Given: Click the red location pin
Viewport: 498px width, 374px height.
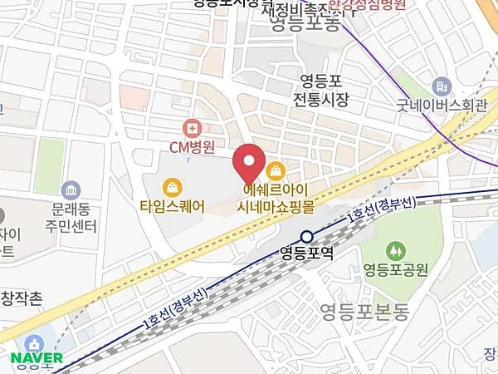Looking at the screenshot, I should click(x=248, y=164).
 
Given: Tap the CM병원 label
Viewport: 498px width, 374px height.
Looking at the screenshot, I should click(x=192, y=148).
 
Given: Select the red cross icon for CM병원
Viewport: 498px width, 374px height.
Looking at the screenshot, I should click(x=193, y=127).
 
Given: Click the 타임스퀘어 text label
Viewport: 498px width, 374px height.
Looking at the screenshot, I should click(x=172, y=205).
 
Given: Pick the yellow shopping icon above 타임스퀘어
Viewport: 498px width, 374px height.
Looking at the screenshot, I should click(x=172, y=186).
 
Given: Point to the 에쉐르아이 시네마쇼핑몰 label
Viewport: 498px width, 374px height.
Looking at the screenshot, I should click(x=275, y=196).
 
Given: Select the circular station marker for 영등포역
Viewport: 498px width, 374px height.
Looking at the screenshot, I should click(x=307, y=236).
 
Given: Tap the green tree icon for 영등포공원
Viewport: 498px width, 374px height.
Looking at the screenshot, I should click(x=395, y=249).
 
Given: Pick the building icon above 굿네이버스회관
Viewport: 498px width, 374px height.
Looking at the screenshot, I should click(x=442, y=86).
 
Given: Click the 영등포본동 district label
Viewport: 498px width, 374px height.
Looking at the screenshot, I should click(x=364, y=312).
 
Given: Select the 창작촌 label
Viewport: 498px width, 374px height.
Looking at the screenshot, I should click(x=22, y=298).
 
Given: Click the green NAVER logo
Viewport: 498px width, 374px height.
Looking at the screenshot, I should click(x=37, y=358).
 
